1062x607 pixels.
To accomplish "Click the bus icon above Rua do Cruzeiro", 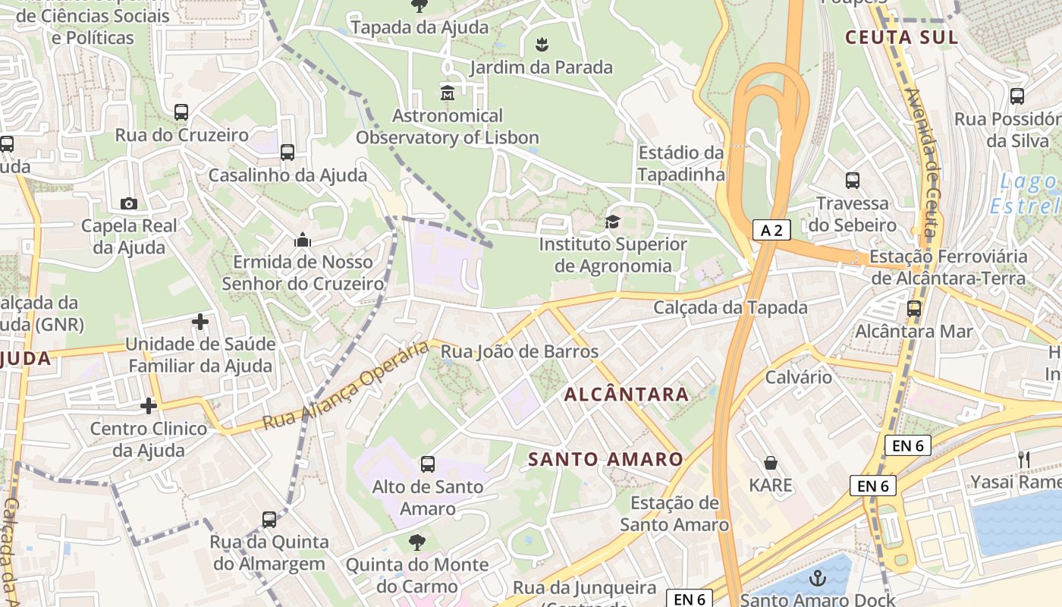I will pyautogui.click(x=181, y=112).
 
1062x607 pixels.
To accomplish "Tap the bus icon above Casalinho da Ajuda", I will pyautogui.click(x=287, y=153).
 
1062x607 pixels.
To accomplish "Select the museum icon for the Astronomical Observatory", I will pyautogui.click(x=447, y=93).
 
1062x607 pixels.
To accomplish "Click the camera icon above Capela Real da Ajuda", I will pyautogui.click(x=129, y=203).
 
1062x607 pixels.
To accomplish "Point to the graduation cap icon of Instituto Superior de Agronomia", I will pyautogui.click(x=612, y=222).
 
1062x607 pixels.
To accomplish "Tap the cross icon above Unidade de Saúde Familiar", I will pyautogui.click(x=200, y=322).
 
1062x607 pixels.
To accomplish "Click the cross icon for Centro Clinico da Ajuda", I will pyautogui.click(x=149, y=406).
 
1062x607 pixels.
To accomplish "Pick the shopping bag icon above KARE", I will pyautogui.click(x=771, y=463).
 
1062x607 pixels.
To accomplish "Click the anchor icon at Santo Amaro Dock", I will pyautogui.click(x=817, y=579).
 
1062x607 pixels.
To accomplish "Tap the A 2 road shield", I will pyautogui.click(x=771, y=231).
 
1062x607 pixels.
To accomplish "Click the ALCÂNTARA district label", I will pyautogui.click(x=627, y=395).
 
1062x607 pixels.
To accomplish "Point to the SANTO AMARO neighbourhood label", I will pyautogui.click(x=605, y=459).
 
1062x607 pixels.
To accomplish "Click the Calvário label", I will pyautogui.click(x=798, y=377).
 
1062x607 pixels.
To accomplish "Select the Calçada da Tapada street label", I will pyautogui.click(x=731, y=308).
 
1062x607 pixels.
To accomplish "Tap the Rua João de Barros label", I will pyautogui.click(x=520, y=351).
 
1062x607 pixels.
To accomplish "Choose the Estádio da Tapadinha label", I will pyautogui.click(x=680, y=163).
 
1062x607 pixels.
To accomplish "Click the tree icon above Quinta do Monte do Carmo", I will pyautogui.click(x=416, y=542).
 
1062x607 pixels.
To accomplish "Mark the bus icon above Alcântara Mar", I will pyautogui.click(x=914, y=309).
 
